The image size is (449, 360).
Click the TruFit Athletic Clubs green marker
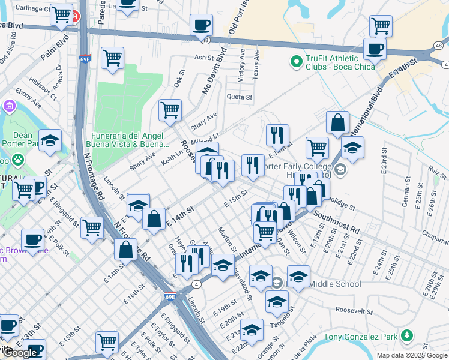tap(295, 61)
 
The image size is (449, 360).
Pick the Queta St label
tap(239, 97)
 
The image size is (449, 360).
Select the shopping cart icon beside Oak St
tap(170, 110)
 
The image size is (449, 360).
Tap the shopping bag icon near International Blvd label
tap(338, 122)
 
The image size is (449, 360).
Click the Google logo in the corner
tap(20, 353)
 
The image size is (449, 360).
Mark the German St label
tap(405, 196)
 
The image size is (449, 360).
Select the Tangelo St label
tap(281, 320)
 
